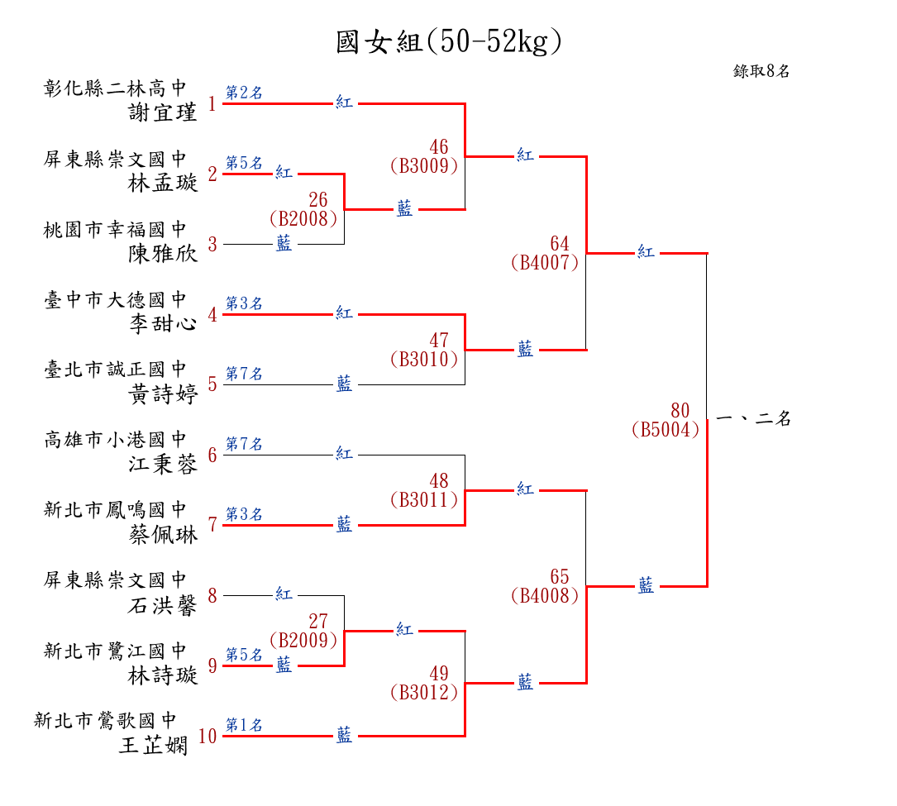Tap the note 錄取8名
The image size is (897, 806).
[x=761, y=71]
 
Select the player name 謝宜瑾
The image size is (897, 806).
[x=164, y=112]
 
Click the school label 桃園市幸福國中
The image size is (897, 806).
[x=116, y=229]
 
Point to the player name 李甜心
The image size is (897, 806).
[x=164, y=322]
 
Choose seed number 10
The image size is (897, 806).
[x=208, y=736]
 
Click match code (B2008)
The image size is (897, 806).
[x=303, y=218]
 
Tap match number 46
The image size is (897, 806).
[x=439, y=147]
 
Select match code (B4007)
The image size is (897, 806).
[x=545, y=263]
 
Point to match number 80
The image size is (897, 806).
[x=680, y=411]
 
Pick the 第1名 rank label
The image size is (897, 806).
[x=244, y=725]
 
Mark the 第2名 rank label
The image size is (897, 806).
[x=244, y=93]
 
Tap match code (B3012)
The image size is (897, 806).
[x=423, y=693]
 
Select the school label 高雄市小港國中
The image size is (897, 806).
[x=116, y=440]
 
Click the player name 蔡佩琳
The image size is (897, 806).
[x=164, y=535]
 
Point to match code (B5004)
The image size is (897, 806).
[x=665, y=430]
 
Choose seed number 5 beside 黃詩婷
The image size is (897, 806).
[x=212, y=384]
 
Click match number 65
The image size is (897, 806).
[x=560, y=576]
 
